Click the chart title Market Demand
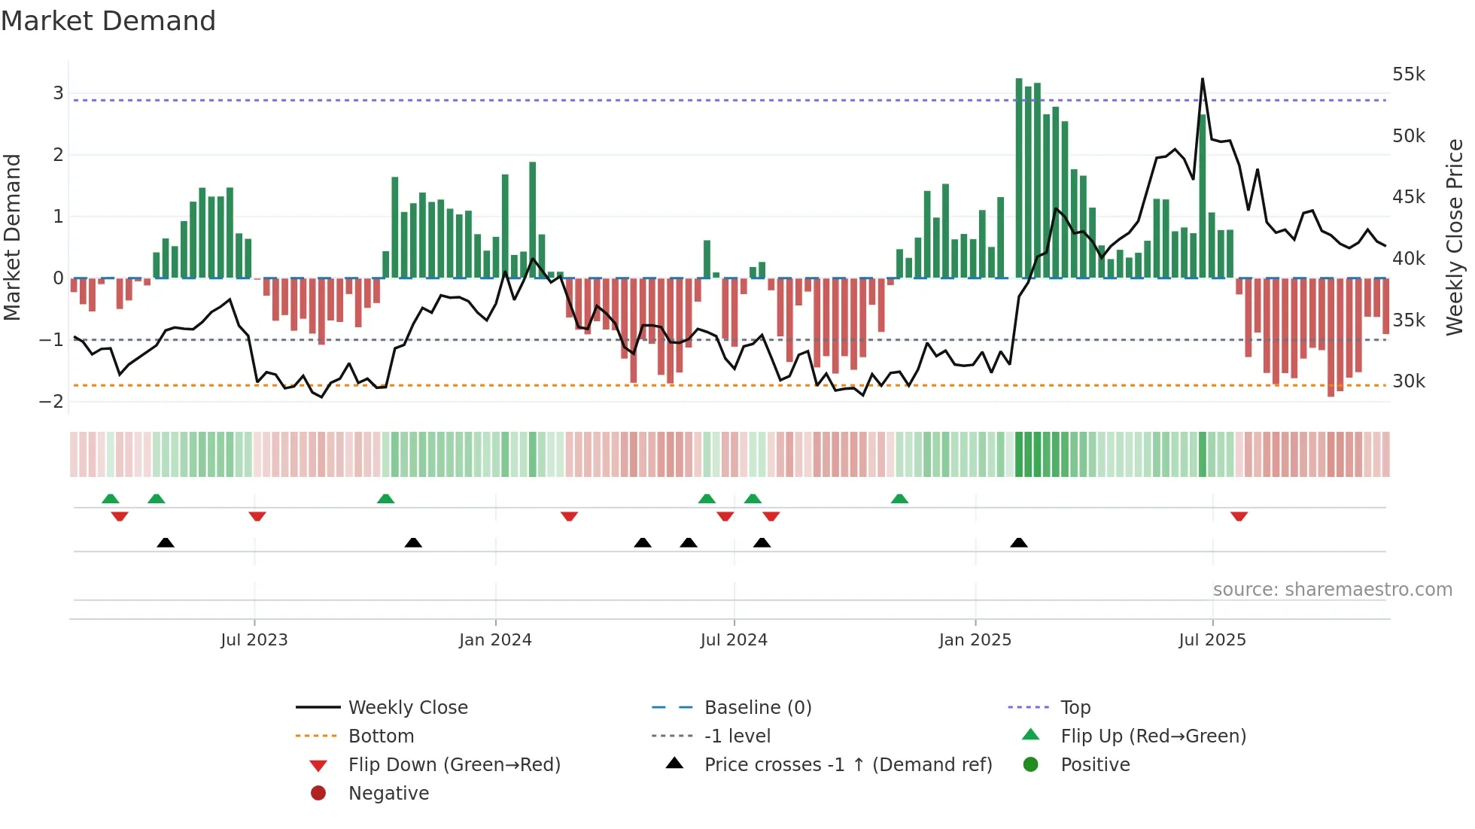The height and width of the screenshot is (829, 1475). click(108, 21)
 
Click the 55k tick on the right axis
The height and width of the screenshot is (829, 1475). click(1408, 74)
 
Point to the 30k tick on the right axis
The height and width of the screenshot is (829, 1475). click(1408, 381)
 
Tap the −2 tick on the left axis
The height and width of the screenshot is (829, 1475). click(51, 402)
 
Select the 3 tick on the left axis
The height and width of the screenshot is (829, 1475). click(58, 93)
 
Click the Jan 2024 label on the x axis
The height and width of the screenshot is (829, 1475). click(495, 640)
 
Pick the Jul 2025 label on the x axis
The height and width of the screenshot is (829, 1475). click(1212, 640)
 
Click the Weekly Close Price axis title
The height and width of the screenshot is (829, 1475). click(1455, 237)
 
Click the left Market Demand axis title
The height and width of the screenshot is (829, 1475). click(13, 237)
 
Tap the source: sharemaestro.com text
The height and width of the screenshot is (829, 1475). click(1332, 590)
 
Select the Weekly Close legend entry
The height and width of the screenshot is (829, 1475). click(407, 708)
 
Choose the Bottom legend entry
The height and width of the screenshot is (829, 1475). click(381, 736)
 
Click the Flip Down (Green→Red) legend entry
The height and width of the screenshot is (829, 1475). click(454, 765)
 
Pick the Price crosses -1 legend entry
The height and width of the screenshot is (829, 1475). click(847, 765)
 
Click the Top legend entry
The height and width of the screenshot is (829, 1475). click(1075, 708)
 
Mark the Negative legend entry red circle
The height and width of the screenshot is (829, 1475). click(318, 794)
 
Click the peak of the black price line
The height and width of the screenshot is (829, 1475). click(1202, 79)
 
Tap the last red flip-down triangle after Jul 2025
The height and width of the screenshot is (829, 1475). click(1239, 516)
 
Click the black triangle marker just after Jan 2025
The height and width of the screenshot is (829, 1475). click(1018, 542)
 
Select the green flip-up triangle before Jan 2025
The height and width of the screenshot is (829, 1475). click(899, 499)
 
